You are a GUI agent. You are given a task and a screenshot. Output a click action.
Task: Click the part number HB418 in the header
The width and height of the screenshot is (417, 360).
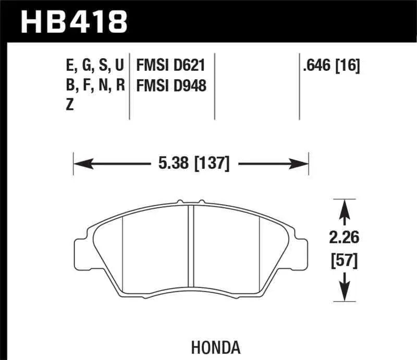pyautogui.click(x=73, y=21)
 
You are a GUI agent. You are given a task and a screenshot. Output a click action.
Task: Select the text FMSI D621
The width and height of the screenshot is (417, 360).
pyautogui.click(x=170, y=66)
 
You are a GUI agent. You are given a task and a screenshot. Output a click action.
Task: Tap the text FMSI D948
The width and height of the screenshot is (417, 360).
pyautogui.click(x=171, y=85)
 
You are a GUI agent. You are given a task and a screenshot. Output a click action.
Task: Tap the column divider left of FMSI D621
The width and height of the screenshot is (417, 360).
pyautogui.click(x=129, y=86)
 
